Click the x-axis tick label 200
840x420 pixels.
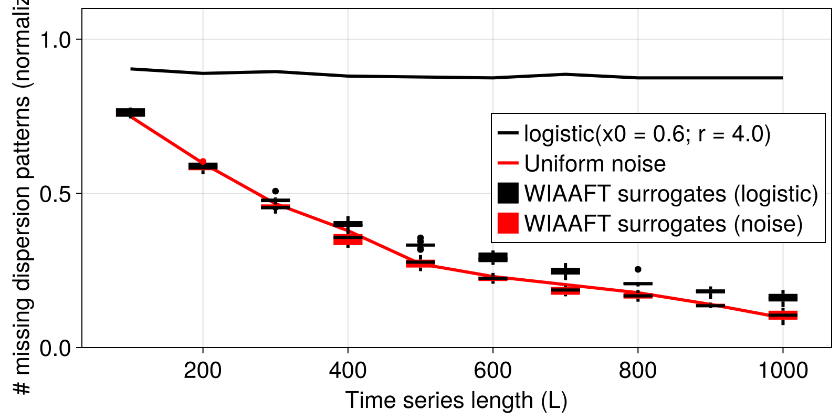pyautogui.click(x=203, y=371)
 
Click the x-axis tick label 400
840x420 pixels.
pyautogui.click(x=348, y=371)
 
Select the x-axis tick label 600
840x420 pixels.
pyautogui.click(x=492, y=371)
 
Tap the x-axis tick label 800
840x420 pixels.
pyautogui.click(x=637, y=371)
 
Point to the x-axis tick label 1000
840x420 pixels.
pyautogui.click(x=783, y=371)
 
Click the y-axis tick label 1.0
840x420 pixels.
pyautogui.click(x=57, y=40)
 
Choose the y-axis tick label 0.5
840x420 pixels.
pyautogui.click(x=57, y=194)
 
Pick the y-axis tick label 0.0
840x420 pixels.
pyautogui.click(x=57, y=348)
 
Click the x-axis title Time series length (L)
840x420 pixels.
pyautogui.click(x=456, y=401)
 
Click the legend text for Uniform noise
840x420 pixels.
pyautogui.click(x=595, y=164)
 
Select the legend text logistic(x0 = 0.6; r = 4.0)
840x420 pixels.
pyautogui.click(x=647, y=134)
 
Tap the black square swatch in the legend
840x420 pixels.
pyautogui.click(x=508, y=193)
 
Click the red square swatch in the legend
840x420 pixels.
pyautogui.click(x=508, y=223)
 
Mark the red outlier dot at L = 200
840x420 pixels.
pyautogui.click(x=203, y=162)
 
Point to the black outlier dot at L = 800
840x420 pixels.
pyautogui.click(x=638, y=269)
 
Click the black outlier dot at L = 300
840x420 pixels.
pyautogui.click(x=276, y=191)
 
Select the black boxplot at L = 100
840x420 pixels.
pyautogui.click(x=130, y=112)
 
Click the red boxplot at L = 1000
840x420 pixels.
pyautogui.click(x=783, y=316)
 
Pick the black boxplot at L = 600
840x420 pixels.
pyautogui.click(x=493, y=257)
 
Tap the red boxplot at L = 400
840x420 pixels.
pyautogui.click(x=348, y=240)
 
